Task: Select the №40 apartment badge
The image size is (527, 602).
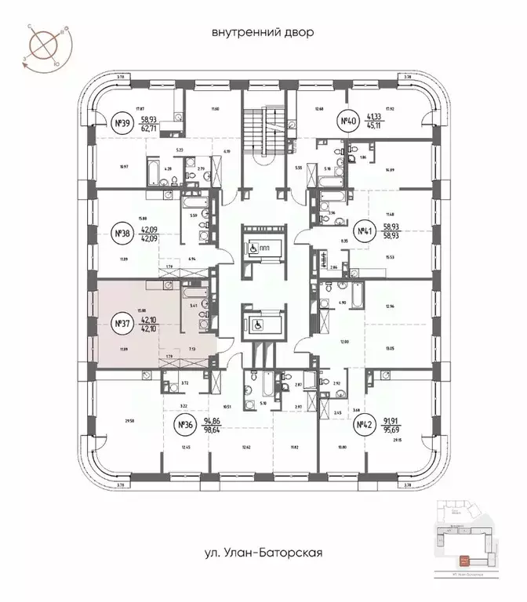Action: tap(348, 121)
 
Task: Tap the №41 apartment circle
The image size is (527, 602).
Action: tap(364, 231)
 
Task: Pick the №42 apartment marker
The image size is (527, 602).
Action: tap(364, 426)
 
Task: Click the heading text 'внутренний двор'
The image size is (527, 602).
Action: tap(262, 33)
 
